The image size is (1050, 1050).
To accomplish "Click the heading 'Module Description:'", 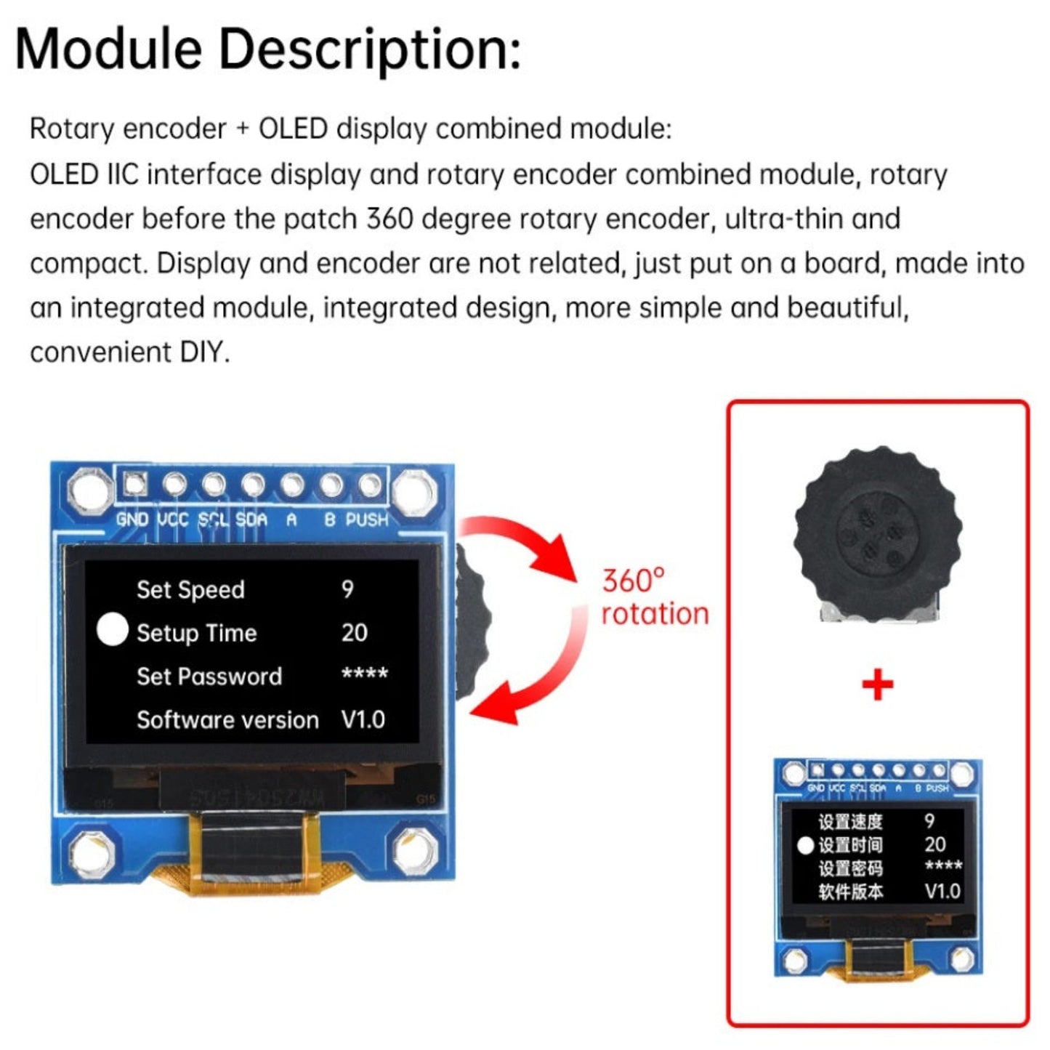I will coord(267,49).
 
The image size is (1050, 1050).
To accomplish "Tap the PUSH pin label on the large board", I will coord(367,520).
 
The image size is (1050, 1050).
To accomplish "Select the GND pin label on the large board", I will coord(132,520).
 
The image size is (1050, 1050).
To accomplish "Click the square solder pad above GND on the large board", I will coord(134,483).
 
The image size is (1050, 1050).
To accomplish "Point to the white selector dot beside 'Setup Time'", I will coord(112,629).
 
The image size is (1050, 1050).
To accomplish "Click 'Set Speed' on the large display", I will coord(190,589).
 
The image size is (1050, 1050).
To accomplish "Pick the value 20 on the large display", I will coord(354,632).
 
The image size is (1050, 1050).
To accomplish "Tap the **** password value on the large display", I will coord(364,675).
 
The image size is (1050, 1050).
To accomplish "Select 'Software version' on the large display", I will coord(227,719).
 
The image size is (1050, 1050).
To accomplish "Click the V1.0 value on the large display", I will coord(363,719).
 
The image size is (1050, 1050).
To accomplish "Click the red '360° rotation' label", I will coord(654,597).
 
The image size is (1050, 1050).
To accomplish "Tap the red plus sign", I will coord(877,684).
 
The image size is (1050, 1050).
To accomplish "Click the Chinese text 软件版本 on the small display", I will coord(850,891).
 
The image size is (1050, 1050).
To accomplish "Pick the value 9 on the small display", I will coord(929,821).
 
